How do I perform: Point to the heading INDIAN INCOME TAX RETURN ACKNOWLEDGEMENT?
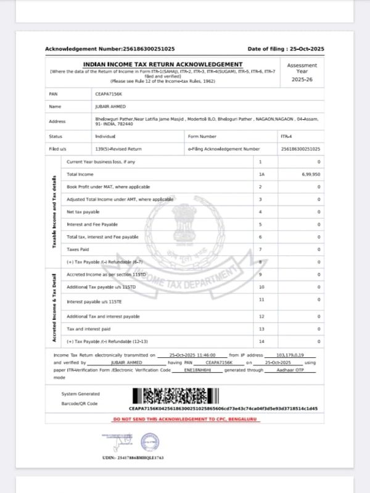point(163,65)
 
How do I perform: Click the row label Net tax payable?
point(83,212)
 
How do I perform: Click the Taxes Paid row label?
point(78,249)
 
